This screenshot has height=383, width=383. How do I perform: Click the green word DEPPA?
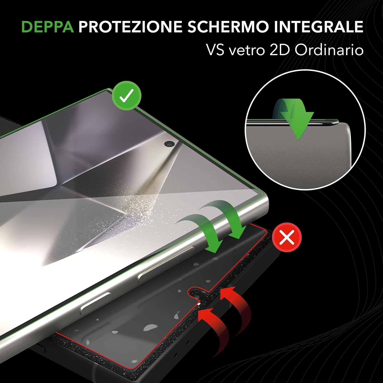coord(48,27)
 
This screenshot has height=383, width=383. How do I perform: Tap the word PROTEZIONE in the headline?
coord(130,27)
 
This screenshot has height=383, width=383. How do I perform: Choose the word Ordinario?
coord(329,50)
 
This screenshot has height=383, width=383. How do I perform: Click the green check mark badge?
coord(127,95)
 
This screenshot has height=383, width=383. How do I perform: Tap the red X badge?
coord(287,237)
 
